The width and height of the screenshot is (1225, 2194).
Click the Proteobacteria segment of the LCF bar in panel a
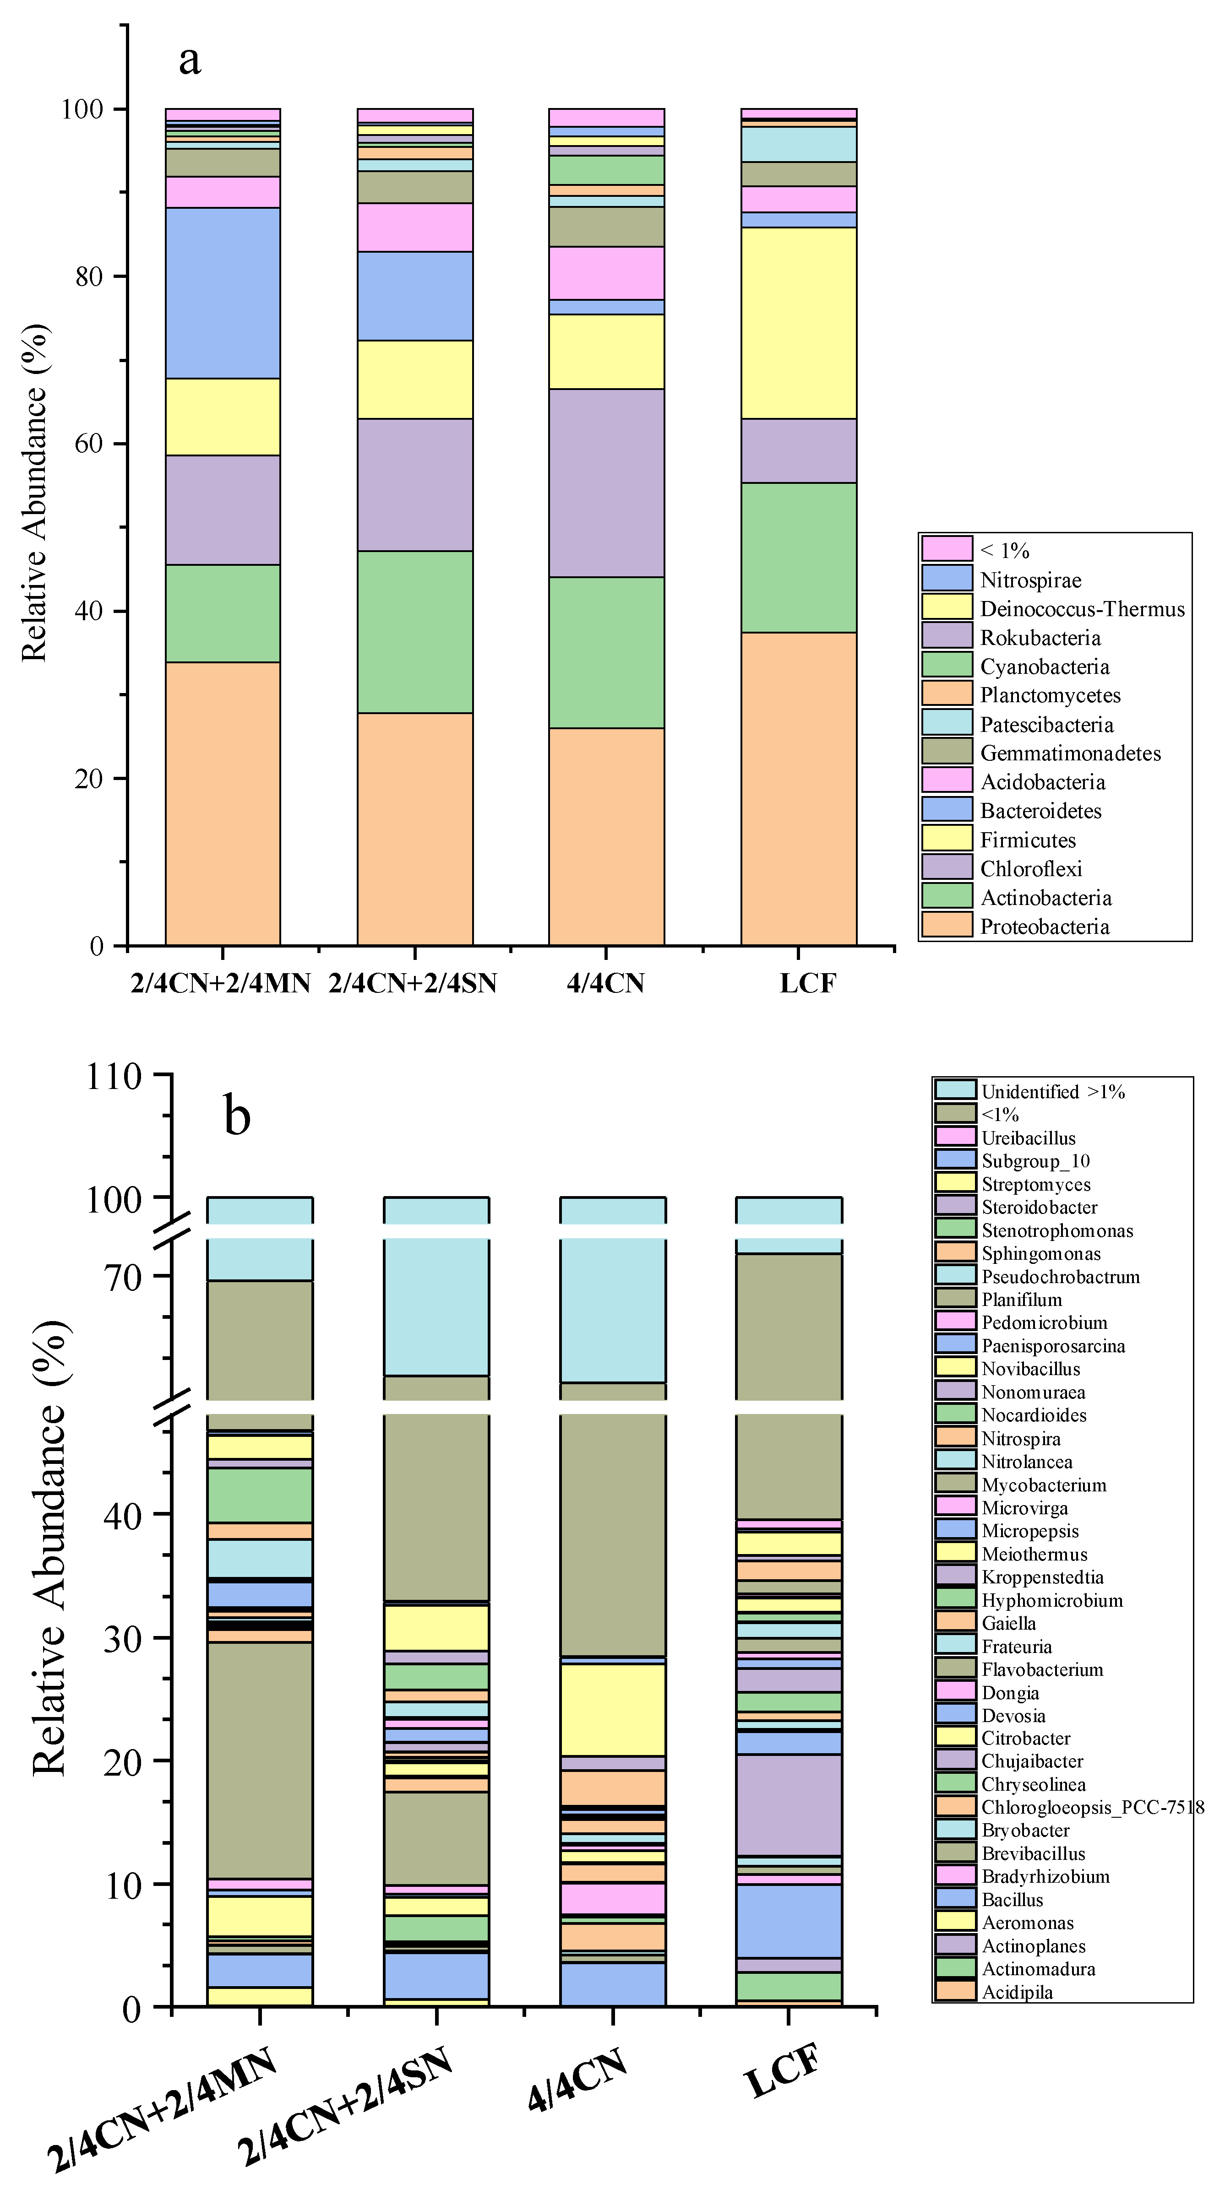pos(798,788)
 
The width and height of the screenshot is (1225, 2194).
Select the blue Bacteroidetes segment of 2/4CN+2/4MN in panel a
pos(223,292)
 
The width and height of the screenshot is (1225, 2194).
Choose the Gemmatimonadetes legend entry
pos(1070,753)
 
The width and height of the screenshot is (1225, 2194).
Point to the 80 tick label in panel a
pos(88,277)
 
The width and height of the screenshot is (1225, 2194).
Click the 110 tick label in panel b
pos(113,1077)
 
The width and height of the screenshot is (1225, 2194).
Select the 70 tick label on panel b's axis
pos(124,1277)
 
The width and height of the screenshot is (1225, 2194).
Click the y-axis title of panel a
pos(34,492)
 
